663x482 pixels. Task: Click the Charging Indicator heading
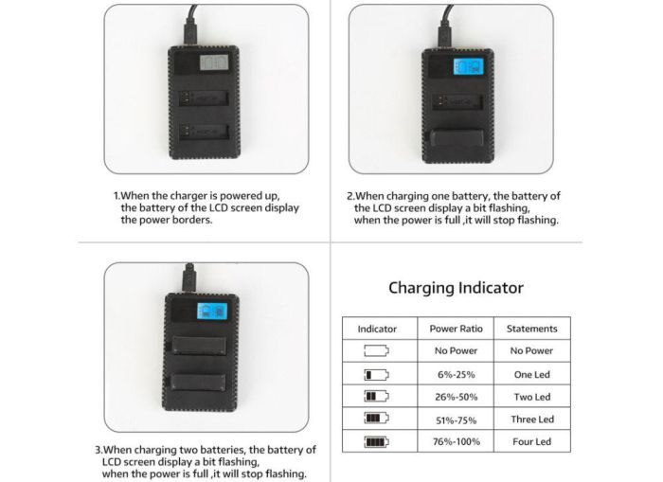click(x=456, y=288)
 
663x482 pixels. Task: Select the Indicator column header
click(x=377, y=329)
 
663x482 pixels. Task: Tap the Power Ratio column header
click(x=457, y=329)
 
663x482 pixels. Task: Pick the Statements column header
click(x=531, y=329)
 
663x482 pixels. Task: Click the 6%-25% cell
click(x=457, y=374)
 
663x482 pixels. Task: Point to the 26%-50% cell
click(x=457, y=397)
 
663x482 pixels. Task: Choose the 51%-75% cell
click(x=457, y=420)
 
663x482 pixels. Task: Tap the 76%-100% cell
click(x=457, y=441)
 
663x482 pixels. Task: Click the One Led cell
click(x=531, y=374)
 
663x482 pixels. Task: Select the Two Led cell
click(x=531, y=397)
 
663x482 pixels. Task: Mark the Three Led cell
click(x=531, y=420)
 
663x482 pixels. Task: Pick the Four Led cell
click(x=531, y=441)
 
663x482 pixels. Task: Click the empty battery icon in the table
click(x=377, y=351)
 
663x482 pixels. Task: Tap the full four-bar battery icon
click(x=377, y=441)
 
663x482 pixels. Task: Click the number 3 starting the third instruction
click(x=97, y=450)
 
